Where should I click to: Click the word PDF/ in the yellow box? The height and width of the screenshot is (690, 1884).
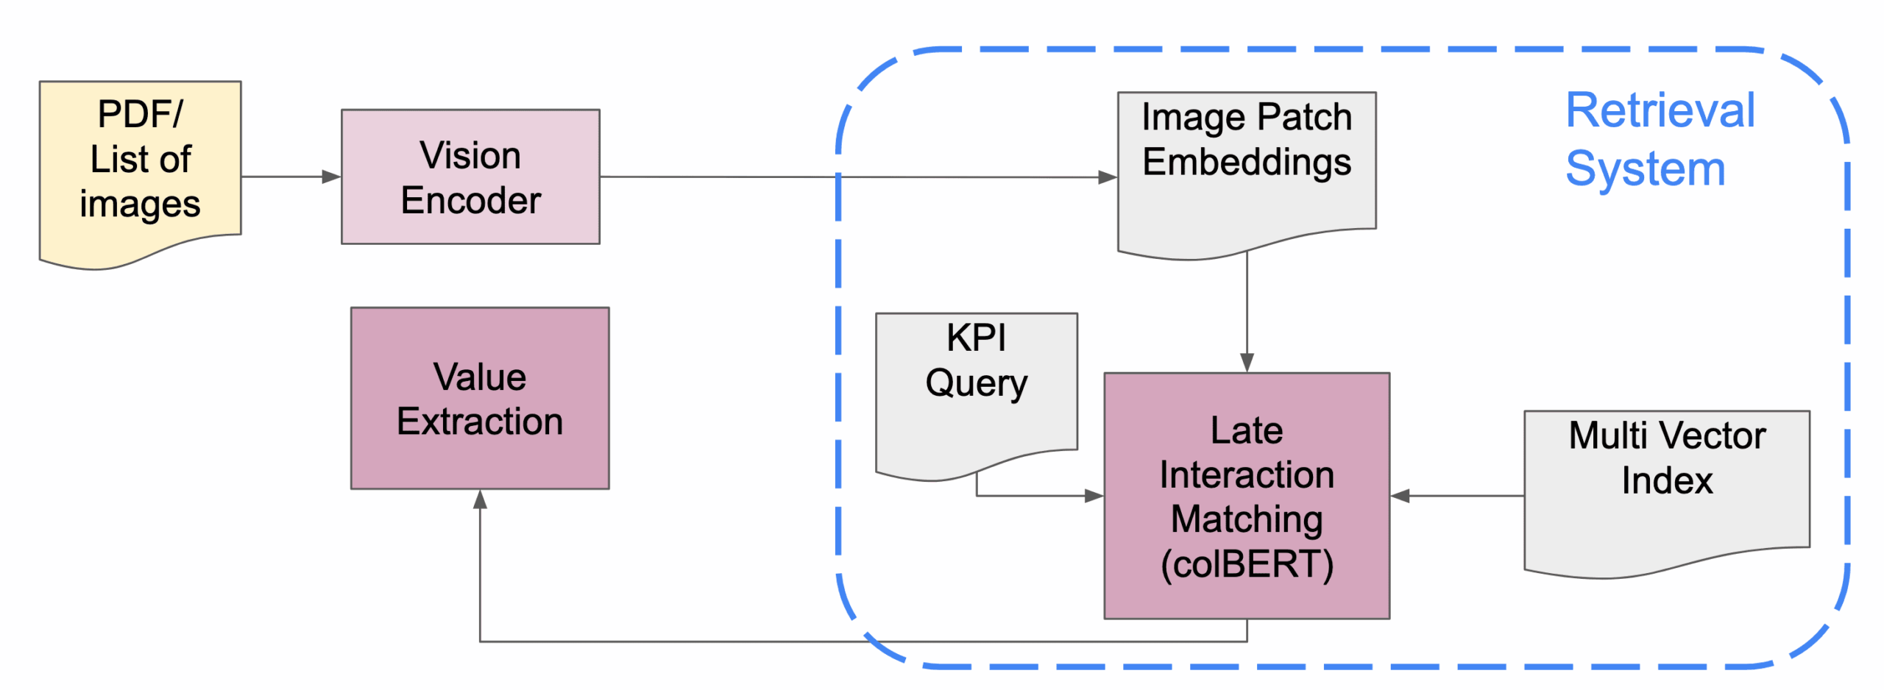click(x=140, y=114)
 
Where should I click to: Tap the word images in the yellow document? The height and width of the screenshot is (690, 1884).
click(x=140, y=204)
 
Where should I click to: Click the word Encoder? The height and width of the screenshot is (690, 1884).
click(x=470, y=200)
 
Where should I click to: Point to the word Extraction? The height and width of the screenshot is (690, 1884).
click(x=480, y=422)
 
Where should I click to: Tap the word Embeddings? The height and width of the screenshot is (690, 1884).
click(x=1246, y=162)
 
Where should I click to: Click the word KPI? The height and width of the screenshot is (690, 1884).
click(x=976, y=338)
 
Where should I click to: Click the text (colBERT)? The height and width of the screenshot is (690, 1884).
click(x=1246, y=564)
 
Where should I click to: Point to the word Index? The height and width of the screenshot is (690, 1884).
click(x=1666, y=480)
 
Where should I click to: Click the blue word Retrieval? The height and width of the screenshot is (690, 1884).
click(x=1660, y=110)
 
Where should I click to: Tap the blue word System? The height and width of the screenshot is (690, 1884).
click(x=1645, y=169)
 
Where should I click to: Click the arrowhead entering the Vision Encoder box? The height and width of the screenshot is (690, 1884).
click(x=332, y=177)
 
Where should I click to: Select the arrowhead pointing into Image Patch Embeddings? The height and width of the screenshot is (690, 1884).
click(x=1108, y=177)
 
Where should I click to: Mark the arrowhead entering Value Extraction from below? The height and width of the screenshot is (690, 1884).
click(x=480, y=500)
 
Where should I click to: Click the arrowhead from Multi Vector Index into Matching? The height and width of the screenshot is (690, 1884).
click(x=1400, y=496)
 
